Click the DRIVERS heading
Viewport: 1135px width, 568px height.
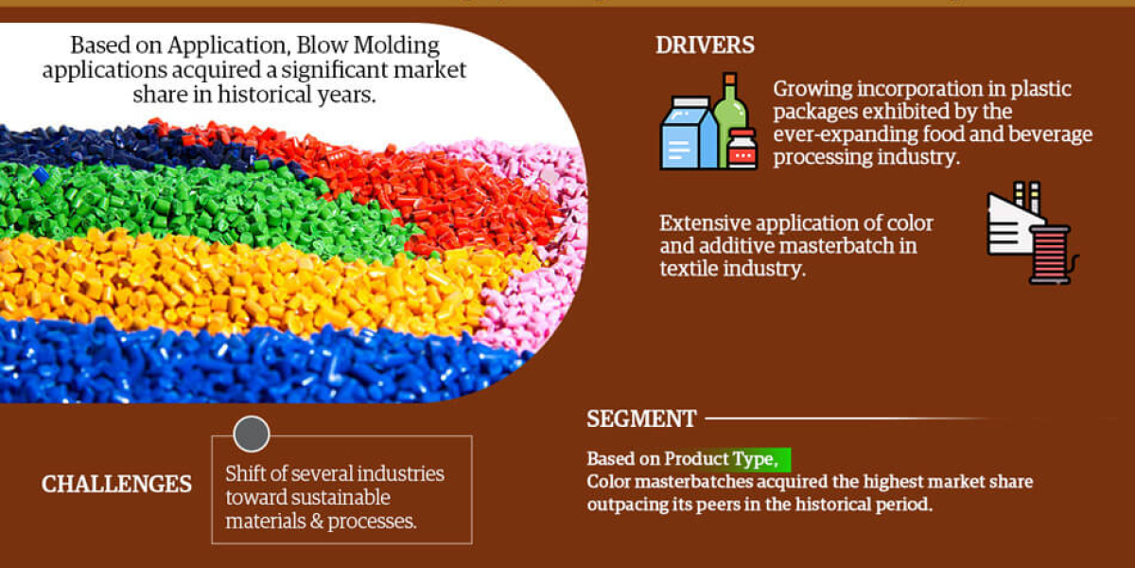705,45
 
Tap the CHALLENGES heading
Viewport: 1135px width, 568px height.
116,484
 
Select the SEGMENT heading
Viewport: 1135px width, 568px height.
641,418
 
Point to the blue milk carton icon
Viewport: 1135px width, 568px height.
689,133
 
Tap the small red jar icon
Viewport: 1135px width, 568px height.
742,149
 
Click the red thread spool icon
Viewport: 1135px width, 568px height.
1052,255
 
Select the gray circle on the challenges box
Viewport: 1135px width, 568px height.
252,435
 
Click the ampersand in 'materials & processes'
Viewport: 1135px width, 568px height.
317,522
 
